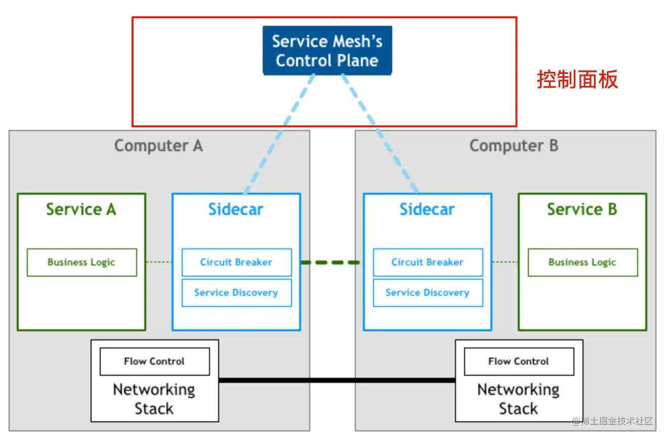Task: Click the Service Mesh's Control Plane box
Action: pos(327,51)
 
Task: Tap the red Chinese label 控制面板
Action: pos(577,80)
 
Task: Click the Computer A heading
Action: pos(158,146)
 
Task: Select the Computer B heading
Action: pos(514,146)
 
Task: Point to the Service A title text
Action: pos(81,209)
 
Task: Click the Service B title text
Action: pos(582,209)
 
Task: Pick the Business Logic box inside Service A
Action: pos(81,262)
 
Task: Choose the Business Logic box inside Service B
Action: pos(583,262)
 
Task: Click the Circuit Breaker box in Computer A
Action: pos(236,262)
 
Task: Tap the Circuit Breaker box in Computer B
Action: pos(428,262)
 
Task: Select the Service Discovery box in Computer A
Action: pos(236,293)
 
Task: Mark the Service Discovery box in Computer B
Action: pos(428,293)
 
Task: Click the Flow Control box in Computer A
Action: pos(154,362)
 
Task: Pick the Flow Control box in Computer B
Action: pos(519,362)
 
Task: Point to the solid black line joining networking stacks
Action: pos(337,380)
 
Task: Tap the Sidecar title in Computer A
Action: pos(236,209)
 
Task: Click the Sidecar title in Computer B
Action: pos(427,209)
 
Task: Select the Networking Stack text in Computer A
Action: pos(154,399)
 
